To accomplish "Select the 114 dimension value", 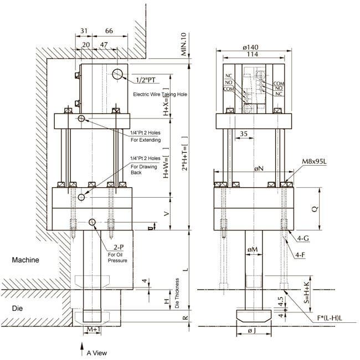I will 252,55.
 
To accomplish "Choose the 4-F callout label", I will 302,255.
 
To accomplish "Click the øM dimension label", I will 252,249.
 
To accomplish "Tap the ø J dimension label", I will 253,331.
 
